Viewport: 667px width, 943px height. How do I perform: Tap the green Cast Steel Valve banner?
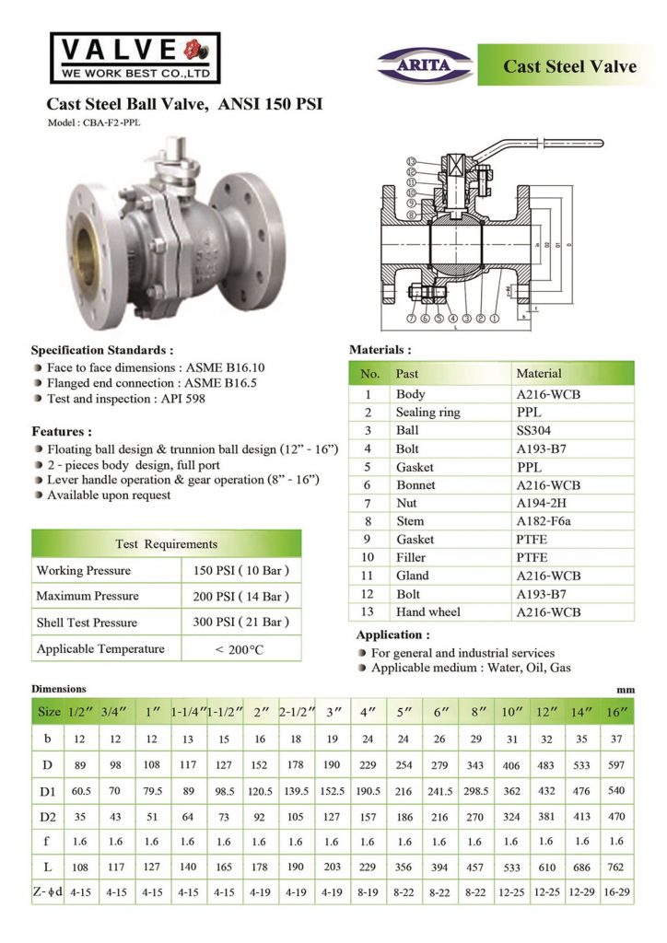pos(568,65)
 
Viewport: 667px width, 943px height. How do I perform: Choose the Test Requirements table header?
pos(167,543)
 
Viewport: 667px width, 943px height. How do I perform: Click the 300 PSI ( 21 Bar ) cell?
pos(240,623)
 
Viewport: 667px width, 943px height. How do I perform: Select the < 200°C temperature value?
pos(240,649)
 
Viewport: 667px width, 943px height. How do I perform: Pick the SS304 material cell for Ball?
pos(533,430)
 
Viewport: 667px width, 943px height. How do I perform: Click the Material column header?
pos(538,373)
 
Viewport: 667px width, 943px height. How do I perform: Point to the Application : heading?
pos(393,635)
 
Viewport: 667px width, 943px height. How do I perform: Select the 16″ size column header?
pos(615,712)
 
